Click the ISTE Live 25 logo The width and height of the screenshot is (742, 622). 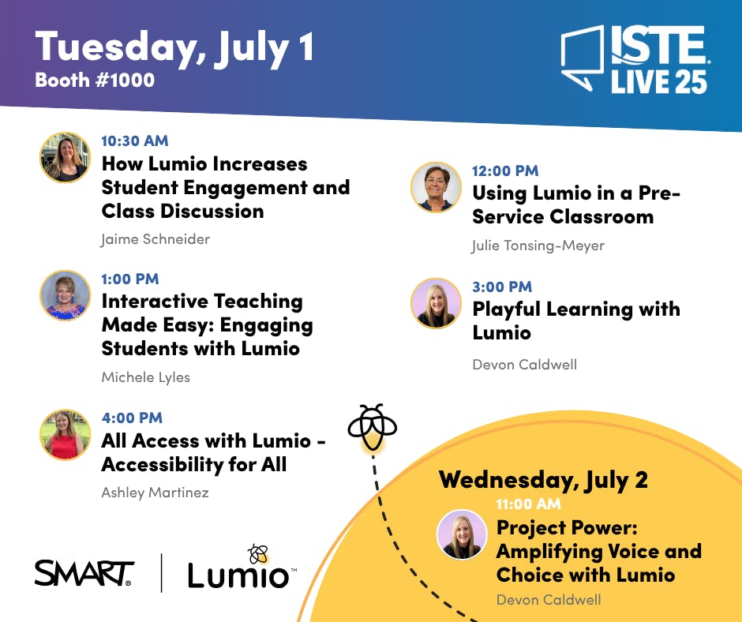point(635,58)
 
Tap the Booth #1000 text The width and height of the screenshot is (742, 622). point(95,80)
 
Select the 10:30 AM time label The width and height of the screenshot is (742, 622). point(135,141)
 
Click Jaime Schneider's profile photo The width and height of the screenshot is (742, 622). point(65,157)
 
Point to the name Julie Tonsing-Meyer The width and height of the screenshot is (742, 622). point(538,245)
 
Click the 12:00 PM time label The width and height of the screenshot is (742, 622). point(505,170)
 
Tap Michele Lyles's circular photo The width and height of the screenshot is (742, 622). point(65,295)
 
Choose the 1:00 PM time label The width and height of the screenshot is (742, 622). point(130,279)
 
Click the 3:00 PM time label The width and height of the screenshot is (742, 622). point(502,287)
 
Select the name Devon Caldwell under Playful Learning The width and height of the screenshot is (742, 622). point(525,365)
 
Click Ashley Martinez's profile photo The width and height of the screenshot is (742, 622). point(65,435)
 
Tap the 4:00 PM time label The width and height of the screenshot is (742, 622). point(132,418)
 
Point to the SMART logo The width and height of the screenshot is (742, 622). point(84,573)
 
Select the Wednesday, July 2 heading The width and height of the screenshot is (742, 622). point(543,481)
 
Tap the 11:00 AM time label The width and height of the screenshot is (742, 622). point(528,504)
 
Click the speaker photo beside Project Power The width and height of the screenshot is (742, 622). point(462,534)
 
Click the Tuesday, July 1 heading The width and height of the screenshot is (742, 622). point(174,47)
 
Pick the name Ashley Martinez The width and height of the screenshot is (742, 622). point(155,493)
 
